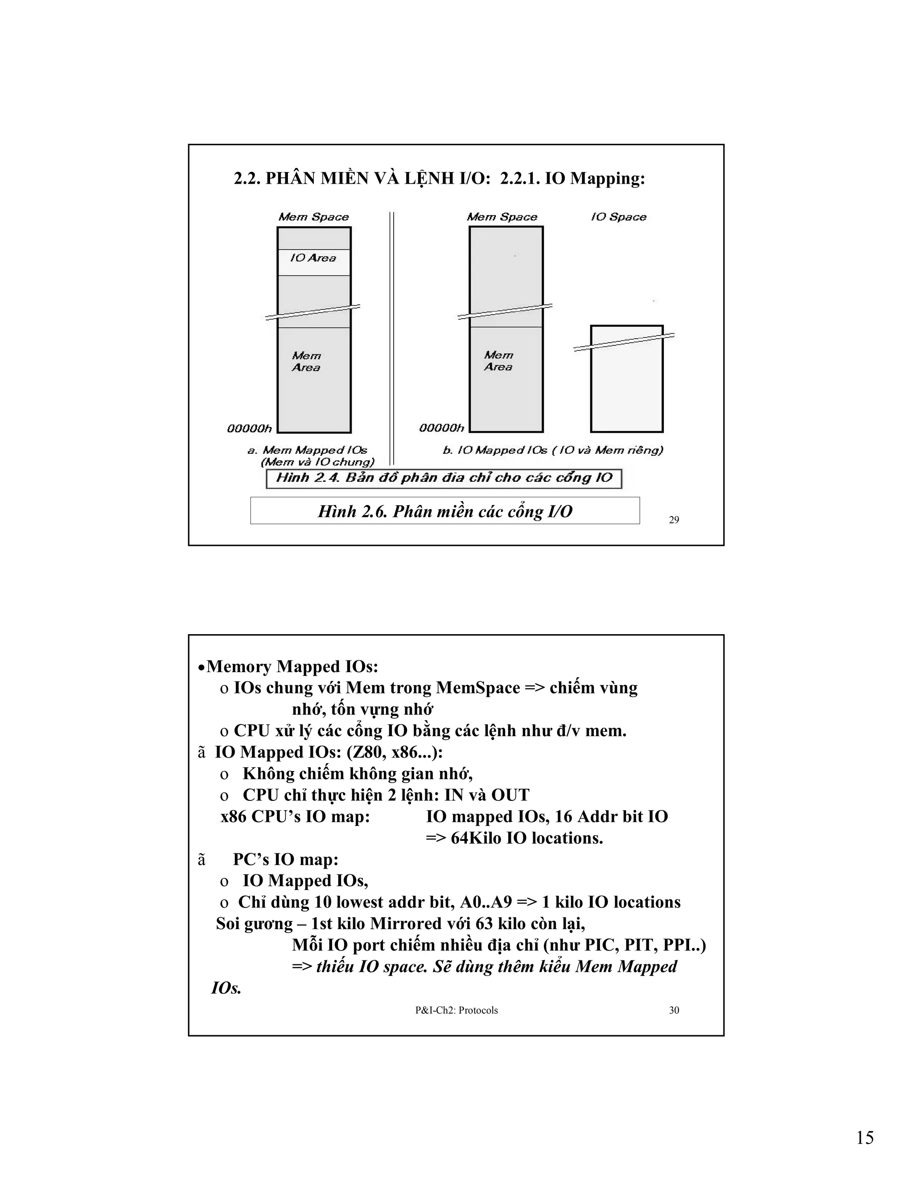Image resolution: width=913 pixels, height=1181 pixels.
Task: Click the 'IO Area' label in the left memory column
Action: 313,258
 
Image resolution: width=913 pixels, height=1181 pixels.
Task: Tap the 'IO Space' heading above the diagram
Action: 618,217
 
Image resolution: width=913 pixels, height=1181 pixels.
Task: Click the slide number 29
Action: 674,520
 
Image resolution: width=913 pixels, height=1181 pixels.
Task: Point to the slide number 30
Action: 674,1010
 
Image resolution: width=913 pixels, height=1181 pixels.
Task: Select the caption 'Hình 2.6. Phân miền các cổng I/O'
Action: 444,511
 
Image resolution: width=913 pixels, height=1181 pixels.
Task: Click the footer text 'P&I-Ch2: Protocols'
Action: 456,1010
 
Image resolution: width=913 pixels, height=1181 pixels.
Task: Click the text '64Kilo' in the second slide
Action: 476,838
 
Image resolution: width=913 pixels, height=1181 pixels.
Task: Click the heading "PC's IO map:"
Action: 286,859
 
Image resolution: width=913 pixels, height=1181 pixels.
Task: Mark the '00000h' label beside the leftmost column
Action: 249,429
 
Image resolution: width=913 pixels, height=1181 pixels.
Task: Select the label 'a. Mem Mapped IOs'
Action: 307,450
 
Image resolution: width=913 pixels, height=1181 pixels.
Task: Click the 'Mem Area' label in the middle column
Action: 498,361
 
